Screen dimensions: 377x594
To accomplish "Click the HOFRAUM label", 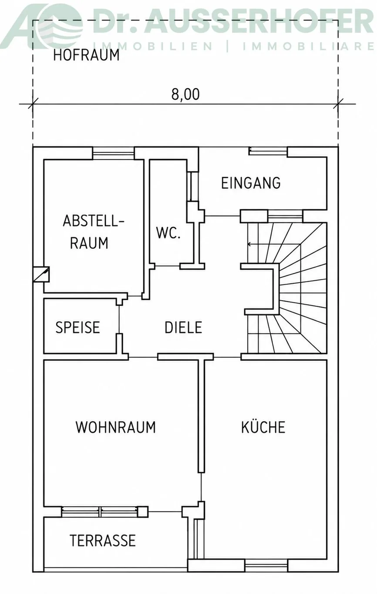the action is coord(86,55).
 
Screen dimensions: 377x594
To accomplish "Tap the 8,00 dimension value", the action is coord(185,94).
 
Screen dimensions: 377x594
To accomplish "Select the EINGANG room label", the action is coord(251,183).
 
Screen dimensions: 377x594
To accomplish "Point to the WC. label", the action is coord(168,233).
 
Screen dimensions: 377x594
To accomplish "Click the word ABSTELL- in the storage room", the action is coord(94,221).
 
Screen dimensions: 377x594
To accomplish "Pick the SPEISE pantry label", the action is coord(77,327).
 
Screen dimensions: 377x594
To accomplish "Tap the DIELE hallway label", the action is coord(183,327).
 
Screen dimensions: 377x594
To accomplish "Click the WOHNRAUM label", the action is coord(116,427).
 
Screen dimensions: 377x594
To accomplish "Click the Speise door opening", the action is coord(119,319).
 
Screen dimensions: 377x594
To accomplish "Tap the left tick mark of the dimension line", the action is coord(33,104).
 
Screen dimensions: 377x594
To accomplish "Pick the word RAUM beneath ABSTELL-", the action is coord(89,243).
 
